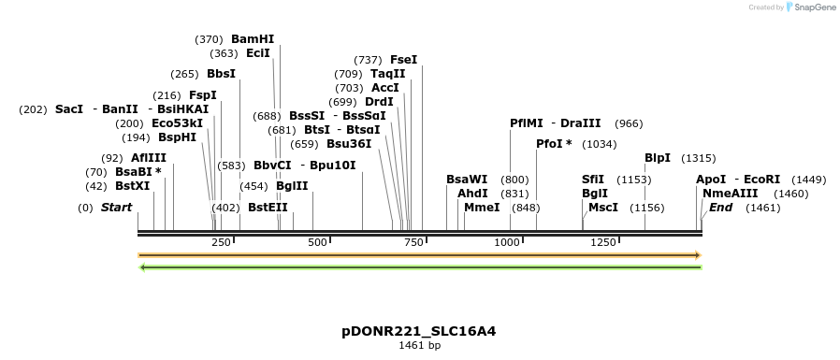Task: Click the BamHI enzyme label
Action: [x=253, y=39]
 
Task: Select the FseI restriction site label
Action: [x=404, y=60]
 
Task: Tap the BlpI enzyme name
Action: [x=658, y=158]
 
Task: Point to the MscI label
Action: [x=603, y=208]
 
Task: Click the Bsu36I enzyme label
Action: [x=349, y=144]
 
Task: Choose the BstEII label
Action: [x=268, y=208]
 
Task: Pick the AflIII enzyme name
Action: [x=149, y=158]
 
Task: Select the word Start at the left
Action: [x=117, y=208]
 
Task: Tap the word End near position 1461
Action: [x=721, y=208]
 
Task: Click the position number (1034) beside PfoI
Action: [x=600, y=144]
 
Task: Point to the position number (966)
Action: [x=629, y=123]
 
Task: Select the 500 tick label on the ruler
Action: [x=317, y=242]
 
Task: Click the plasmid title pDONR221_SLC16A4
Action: [x=418, y=331]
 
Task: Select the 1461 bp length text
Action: [x=419, y=345]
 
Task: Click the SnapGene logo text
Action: [x=811, y=7]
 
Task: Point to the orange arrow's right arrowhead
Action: [x=697, y=254]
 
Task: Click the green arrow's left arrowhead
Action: [x=142, y=267]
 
